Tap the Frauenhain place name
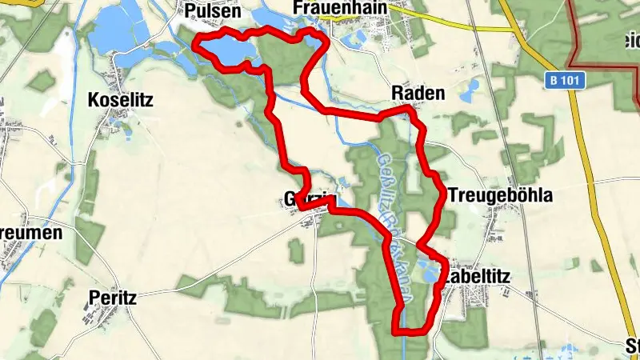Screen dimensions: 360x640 340,8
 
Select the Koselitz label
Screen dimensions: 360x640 122,100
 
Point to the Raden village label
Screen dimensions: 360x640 418,94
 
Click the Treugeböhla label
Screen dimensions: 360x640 501,195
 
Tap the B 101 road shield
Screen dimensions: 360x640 568,80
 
